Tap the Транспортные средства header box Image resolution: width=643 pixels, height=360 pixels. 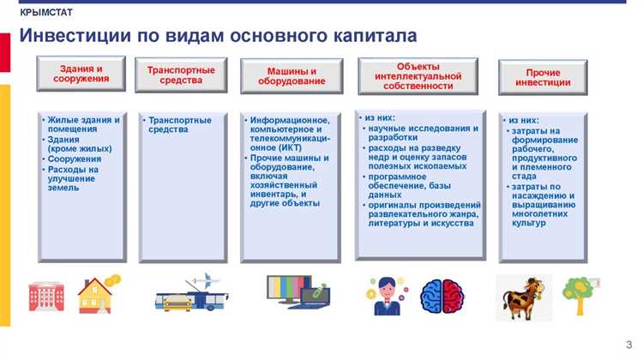181,75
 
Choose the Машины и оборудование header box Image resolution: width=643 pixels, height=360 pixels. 291,76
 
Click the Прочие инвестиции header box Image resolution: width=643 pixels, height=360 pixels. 543,77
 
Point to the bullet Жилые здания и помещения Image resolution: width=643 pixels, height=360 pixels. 83,124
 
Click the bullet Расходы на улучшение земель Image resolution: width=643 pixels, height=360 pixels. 75,178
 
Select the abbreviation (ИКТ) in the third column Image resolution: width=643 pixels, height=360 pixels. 283,147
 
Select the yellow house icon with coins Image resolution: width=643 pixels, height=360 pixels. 98,294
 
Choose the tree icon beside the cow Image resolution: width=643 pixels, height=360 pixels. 578,295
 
